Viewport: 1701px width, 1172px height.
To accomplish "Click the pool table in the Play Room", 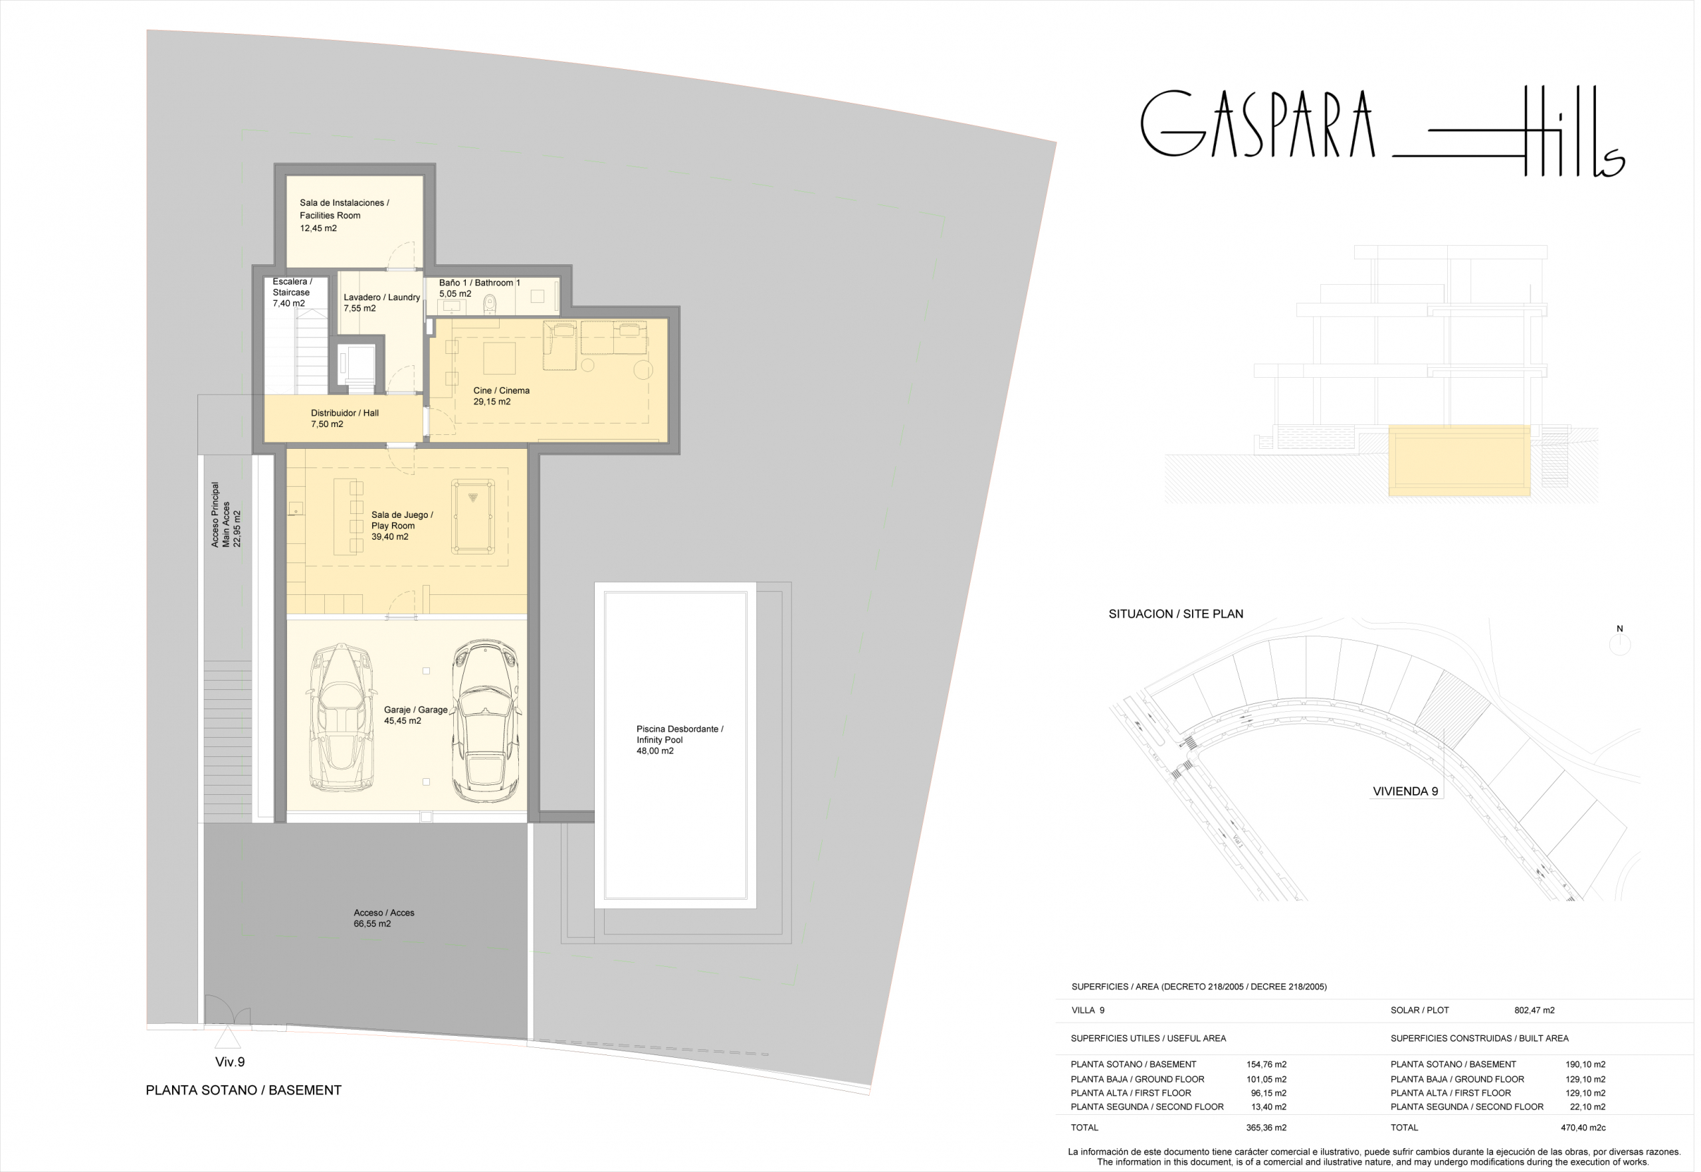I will pyautogui.click(x=474, y=515).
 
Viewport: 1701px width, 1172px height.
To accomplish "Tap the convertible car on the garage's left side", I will pyautogui.click(x=340, y=718).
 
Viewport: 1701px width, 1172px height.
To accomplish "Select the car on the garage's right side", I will pyautogui.click(x=486, y=721).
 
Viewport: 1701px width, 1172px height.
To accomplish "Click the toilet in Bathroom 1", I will pyautogui.click(x=491, y=303).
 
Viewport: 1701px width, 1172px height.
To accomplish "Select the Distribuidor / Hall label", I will pyautogui.click(x=346, y=414).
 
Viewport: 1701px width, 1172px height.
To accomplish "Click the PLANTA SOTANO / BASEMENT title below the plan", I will pyautogui.click(x=244, y=1091).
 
